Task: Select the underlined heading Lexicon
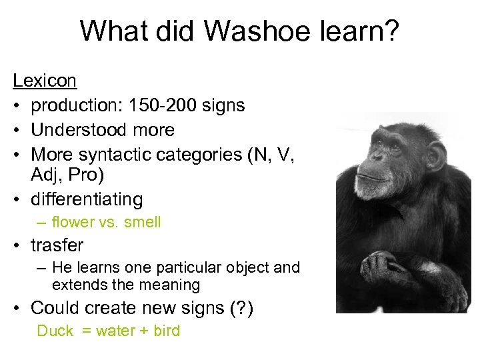tap(45, 81)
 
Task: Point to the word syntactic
tap(115, 155)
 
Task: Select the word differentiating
tap(87, 199)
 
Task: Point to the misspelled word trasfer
tap(57, 245)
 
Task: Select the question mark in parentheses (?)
tap(239, 308)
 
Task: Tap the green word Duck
tap(55, 331)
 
